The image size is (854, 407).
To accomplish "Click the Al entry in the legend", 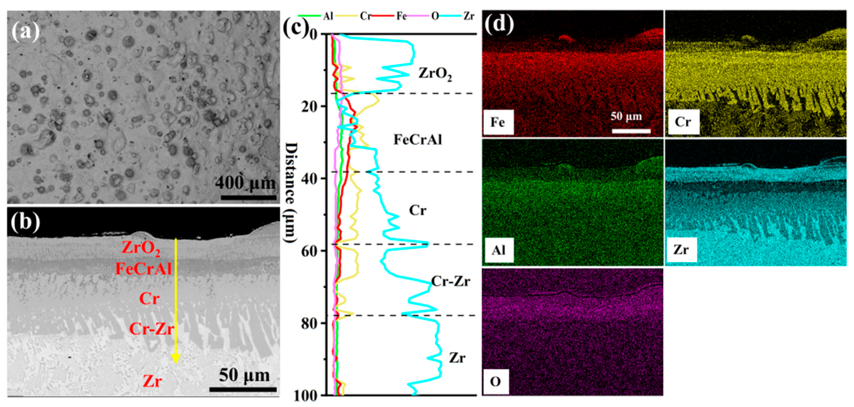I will point(328,16).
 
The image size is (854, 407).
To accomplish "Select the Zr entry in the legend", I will point(469,16).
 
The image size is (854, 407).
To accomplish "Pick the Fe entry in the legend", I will point(401,16).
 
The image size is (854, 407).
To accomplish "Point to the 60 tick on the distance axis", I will point(309,250).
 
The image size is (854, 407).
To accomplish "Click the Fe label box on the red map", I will point(498,122).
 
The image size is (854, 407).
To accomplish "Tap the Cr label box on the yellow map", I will point(683,122).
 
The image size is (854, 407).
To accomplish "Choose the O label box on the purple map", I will point(496,382).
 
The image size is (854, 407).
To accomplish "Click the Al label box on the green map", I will point(498,250).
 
